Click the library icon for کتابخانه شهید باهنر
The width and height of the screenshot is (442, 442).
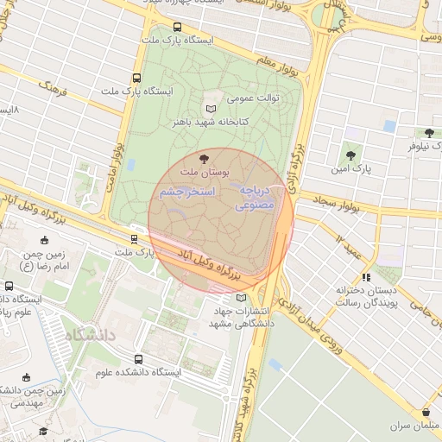pos(212,109)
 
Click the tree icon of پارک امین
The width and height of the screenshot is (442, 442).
pos(350,155)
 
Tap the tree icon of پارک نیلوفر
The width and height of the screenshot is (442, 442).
pos(429,133)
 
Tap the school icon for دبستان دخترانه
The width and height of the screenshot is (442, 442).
pos(366,278)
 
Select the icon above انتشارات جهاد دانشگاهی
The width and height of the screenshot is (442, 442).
pos(229,298)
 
